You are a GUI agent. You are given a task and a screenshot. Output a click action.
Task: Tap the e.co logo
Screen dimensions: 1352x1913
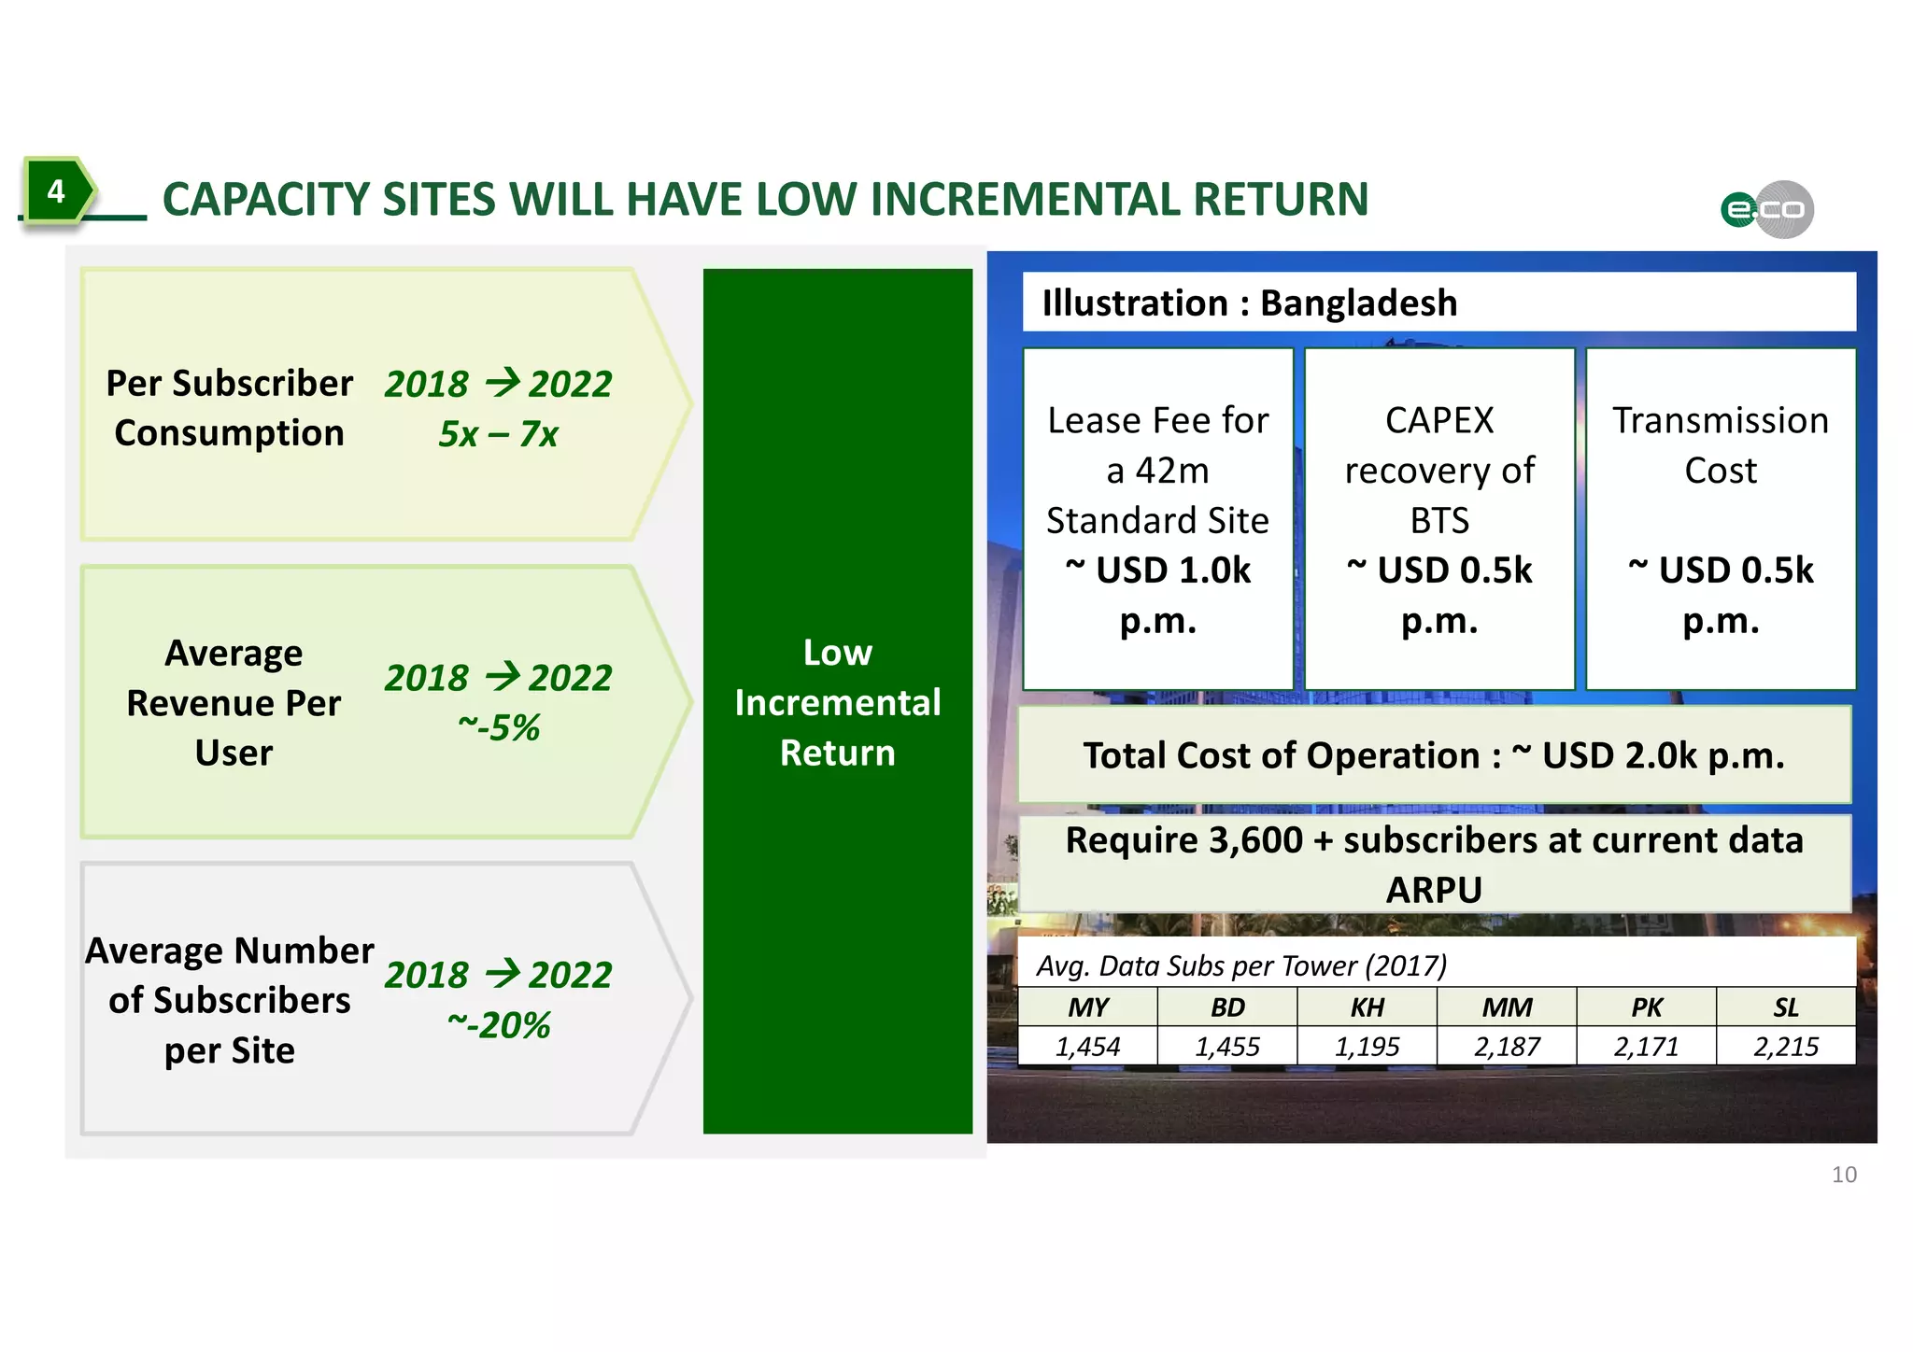[1767, 209]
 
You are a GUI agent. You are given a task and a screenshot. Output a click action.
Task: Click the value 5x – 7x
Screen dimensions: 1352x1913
[498, 434]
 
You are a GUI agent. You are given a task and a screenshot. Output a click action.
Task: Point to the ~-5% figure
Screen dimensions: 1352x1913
[499, 727]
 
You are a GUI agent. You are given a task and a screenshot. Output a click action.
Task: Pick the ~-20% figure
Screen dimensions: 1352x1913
[499, 1025]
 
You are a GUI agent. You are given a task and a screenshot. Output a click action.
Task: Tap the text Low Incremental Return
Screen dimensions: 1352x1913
[837, 702]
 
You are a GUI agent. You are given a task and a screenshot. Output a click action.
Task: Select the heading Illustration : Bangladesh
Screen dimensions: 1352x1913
[1249, 303]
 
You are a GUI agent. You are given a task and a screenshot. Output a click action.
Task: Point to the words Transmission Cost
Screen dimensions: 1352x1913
[1720, 445]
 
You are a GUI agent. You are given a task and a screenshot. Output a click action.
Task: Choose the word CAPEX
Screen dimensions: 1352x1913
[1439, 421]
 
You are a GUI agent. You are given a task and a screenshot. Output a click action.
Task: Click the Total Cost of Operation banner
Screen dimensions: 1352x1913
[1433, 755]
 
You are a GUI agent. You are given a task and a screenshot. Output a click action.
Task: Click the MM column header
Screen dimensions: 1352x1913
[1507, 1007]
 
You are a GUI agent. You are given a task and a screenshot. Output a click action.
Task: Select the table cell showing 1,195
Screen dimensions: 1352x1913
[1367, 1047]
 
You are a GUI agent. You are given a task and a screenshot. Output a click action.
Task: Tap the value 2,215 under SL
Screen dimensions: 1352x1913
[1785, 1047]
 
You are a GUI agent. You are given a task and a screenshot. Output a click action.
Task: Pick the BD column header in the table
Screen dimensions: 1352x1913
[1227, 1007]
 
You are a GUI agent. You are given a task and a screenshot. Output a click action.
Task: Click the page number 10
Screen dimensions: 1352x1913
[1844, 1175]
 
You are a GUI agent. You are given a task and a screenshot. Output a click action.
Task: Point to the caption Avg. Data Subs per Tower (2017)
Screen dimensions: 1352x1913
[1241, 965]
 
